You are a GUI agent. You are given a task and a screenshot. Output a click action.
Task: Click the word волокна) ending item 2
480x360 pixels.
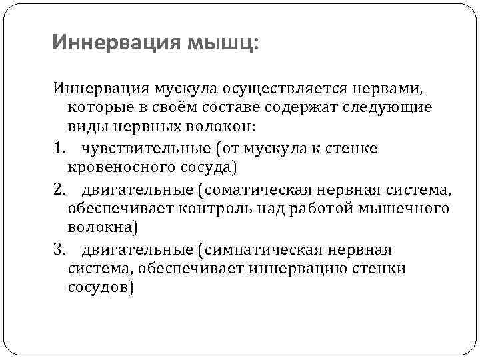pyautogui.click(x=102, y=228)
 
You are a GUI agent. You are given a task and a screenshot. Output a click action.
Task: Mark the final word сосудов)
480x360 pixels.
pyautogui.click(x=101, y=289)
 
